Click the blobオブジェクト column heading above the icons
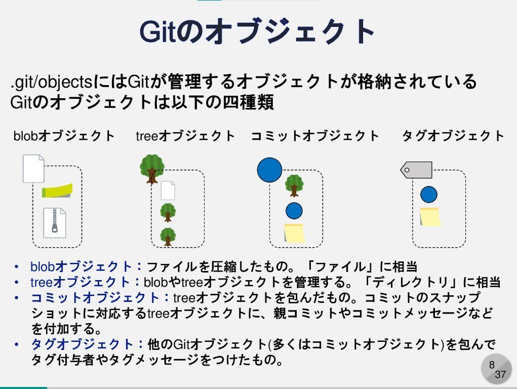click(64, 136)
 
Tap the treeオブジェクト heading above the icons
click(185, 136)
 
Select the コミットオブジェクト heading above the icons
click(315, 136)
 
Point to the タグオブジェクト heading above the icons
click(453, 136)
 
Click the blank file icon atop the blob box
click(34, 169)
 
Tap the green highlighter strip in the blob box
click(57, 191)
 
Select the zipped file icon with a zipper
click(55, 222)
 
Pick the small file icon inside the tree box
click(168, 190)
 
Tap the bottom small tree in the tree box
click(168, 236)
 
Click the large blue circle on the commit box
click(269, 170)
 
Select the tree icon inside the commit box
click(294, 185)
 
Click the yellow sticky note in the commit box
click(294, 233)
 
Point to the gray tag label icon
click(416, 170)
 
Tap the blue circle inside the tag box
click(428, 194)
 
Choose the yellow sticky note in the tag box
click(430, 216)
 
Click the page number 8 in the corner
click(491, 365)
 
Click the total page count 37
click(500, 375)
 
